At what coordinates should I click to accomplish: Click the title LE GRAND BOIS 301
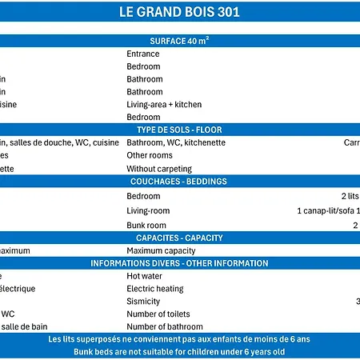[179, 13]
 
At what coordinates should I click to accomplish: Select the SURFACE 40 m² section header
[179, 40]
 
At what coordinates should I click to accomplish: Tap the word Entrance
[143, 54]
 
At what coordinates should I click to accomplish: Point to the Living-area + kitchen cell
[164, 104]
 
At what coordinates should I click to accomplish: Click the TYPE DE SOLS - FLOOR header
[179, 130]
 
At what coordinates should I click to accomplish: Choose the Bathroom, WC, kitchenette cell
[176, 142]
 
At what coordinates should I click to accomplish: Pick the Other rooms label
[150, 155]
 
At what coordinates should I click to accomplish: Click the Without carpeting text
[159, 169]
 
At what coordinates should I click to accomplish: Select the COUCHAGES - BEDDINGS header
[179, 182]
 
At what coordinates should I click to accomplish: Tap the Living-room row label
[148, 210]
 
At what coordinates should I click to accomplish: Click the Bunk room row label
[146, 225]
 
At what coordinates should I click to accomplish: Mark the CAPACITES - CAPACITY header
[179, 238]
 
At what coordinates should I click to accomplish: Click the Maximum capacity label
[161, 250]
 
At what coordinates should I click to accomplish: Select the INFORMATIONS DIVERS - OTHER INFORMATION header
[179, 263]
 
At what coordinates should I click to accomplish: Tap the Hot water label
[145, 276]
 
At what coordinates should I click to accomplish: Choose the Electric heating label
[155, 288]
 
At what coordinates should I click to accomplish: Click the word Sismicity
[143, 302]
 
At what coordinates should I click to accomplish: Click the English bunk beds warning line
[179, 352]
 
